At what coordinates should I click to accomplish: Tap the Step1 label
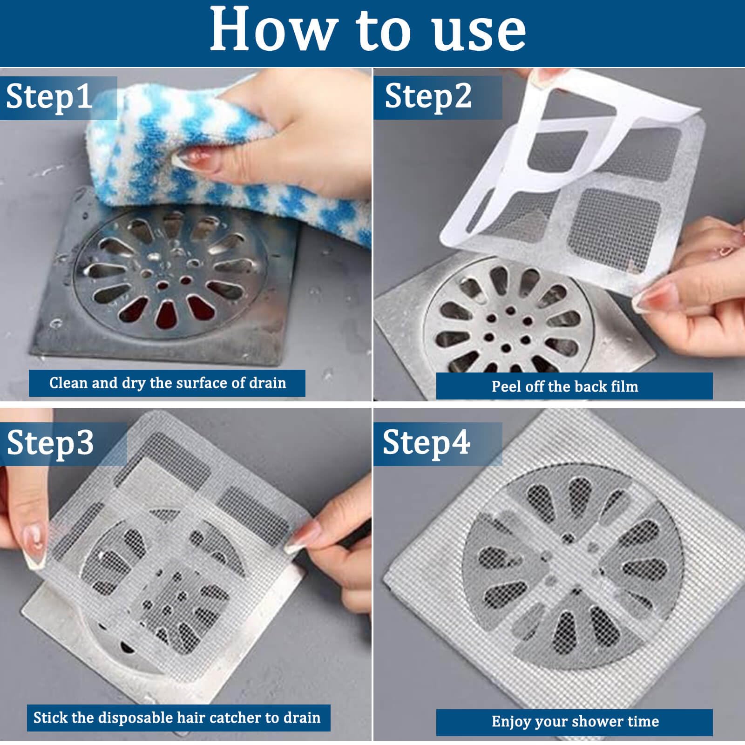point(49,97)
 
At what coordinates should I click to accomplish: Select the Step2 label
point(428,97)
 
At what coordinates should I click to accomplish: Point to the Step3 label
point(50,443)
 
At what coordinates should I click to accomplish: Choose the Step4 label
point(426,443)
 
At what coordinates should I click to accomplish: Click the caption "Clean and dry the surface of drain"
point(168,383)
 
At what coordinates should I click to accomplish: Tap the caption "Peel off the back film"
point(565,386)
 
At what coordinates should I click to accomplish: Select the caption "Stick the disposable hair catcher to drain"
point(177,718)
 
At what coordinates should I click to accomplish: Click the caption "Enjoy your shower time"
point(575,721)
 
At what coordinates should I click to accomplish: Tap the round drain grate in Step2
point(508,321)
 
